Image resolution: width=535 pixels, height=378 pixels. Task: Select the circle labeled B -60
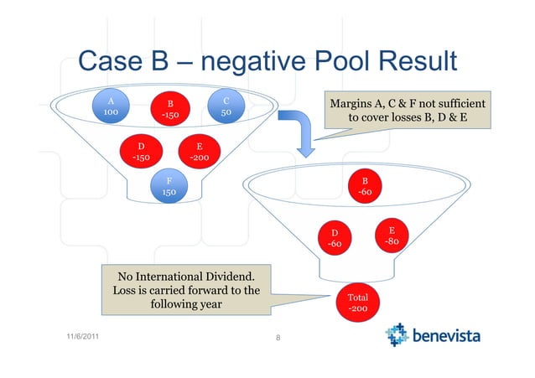click(x=364, y=187)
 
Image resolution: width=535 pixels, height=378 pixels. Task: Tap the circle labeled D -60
click(x=334, y=238)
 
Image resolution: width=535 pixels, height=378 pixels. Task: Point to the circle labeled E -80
click(x=391, y=236)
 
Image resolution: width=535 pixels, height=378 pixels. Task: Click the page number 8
click(x=277, y=340)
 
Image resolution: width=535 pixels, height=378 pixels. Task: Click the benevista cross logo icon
click(x=397, y=337)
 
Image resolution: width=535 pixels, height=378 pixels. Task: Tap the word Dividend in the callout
click(x=226, y=277)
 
